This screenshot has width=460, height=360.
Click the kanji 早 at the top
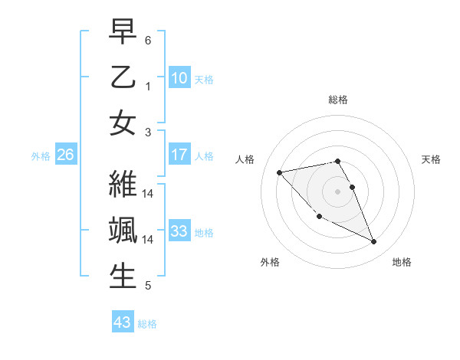point(123,32)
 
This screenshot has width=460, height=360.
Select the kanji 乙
point(123,77)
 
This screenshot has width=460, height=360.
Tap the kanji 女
point(123,123)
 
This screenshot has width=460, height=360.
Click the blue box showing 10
point(179,77)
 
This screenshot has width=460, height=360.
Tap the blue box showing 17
point(179,155)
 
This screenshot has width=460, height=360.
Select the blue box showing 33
point(179,231)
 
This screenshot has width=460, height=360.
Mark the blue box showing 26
point(65,155)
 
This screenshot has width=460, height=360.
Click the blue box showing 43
point(122,322)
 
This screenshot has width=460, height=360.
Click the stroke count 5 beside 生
point(148,286)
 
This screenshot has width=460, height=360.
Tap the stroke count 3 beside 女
point(148,132)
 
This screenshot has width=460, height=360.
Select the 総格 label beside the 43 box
point(147,324)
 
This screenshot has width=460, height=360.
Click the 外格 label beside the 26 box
point(41,156)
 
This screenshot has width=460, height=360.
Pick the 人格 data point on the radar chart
point(279,172)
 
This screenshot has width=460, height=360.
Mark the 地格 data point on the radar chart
point(374,242)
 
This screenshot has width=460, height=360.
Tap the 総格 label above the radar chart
point(337,100)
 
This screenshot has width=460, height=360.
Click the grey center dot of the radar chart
point(337,191)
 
